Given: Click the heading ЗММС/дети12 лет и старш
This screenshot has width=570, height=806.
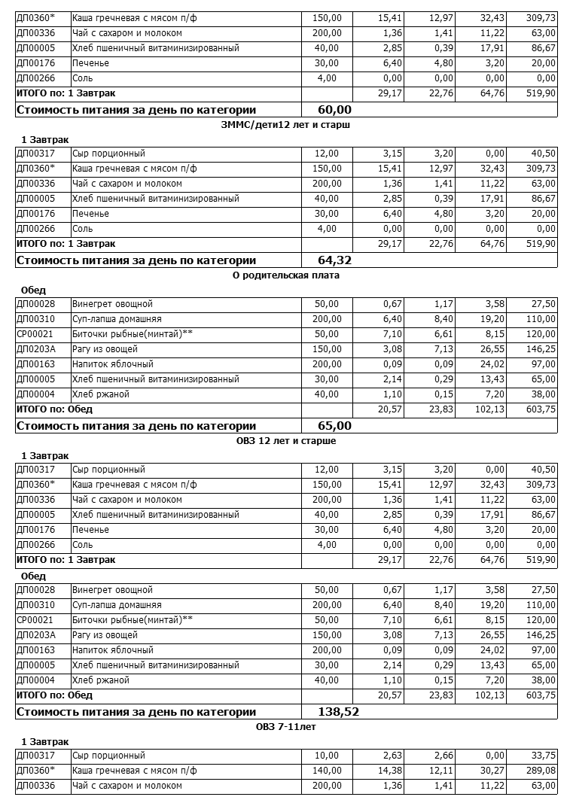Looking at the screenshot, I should pyautogui.click(x=286, y=125).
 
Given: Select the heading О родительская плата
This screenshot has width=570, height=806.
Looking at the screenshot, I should pyautogui.click(x=286, y=275).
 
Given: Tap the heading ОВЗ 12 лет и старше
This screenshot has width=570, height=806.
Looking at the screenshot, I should pyautogui.click(x=286, y=441).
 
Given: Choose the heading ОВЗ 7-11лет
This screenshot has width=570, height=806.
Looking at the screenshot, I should pyautogui.click(x=286, y=727).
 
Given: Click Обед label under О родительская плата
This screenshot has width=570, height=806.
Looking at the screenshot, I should pyautogui.click(x=34, y=290).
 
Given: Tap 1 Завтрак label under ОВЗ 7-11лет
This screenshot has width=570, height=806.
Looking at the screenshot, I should pyautogui.click(x=45, y=741).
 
